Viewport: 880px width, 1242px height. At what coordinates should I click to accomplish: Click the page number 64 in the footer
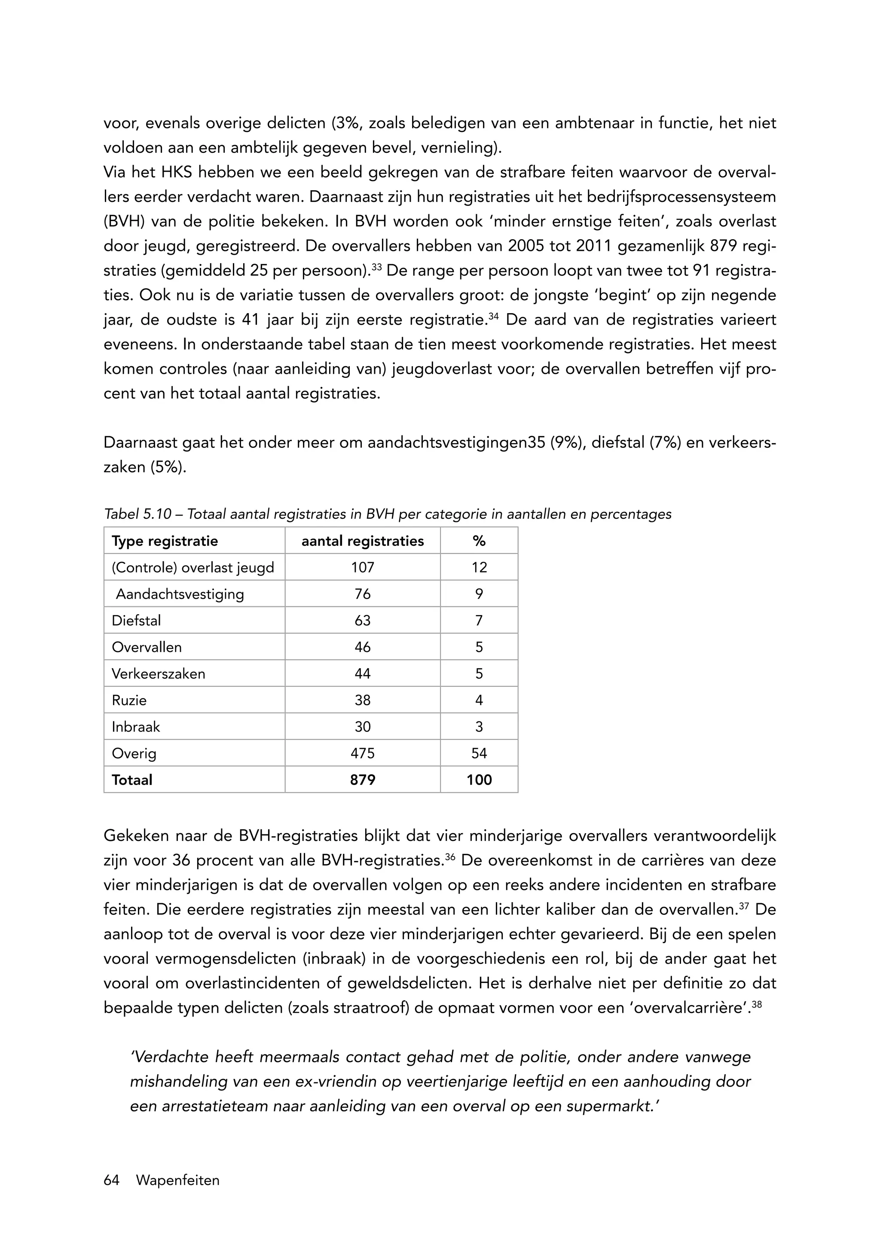tap(111, 1180)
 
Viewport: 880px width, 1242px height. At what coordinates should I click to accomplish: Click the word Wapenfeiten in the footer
tap(178, 1180)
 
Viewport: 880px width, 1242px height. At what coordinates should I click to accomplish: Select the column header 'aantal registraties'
tap(363, 541)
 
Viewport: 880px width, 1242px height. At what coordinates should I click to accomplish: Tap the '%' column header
tap(479, 541)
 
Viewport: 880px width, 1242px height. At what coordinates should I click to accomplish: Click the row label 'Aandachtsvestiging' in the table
tap(180, 594)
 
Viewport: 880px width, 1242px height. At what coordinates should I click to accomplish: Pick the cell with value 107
tap(363, 568)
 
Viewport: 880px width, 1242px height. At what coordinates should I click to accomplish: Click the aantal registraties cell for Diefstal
tap(363, 621)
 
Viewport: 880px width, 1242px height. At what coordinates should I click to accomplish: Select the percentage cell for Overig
tap(479, 753)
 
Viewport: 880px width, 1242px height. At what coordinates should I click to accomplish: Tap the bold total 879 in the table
tap(363, 780)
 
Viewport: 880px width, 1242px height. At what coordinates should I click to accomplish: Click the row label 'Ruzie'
tap(129, 700)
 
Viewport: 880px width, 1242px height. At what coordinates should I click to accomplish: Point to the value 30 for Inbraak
tap(363, 727)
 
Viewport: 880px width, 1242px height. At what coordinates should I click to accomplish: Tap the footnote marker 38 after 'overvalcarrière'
tap(757, 1003)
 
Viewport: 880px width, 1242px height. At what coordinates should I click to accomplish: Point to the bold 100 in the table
tap(479, 780)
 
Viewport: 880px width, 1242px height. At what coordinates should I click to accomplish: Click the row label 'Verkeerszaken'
tap(158, 674)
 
